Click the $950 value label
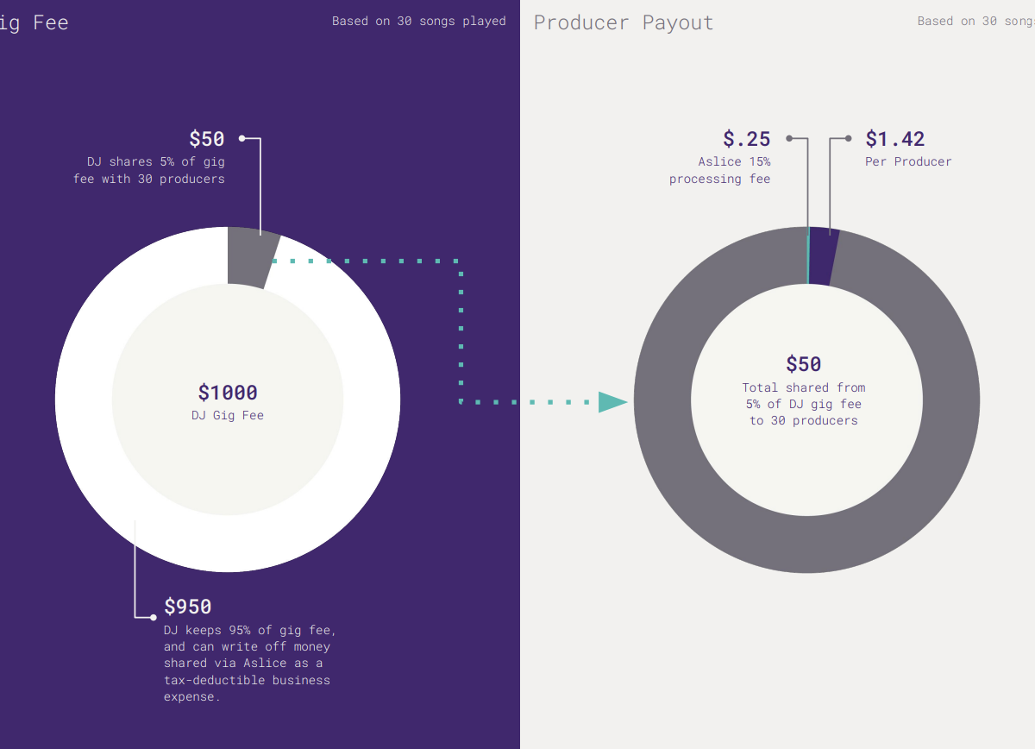pyautogui.click(x=187, y=607)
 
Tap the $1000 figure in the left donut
pyautogui.click(x=228, y=393)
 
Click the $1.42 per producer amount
pyautogui.click(x=894, y=139)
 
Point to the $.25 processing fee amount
pyautogui.click(x=746, y=139)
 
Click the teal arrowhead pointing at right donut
pyautogui.click(x=612, y=402)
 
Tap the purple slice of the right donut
pyautogui.click(x=823, y=256)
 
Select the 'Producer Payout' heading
pyautogui.click(x=624, y=22)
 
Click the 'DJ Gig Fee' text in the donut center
pyautogui.click(x=228, y=416)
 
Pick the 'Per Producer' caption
pyautogui.click(x=908, y=162)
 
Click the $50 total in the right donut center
pyautogui.click(x=803, y=364)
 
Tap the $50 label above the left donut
pyautogui.click(x=206, y=139)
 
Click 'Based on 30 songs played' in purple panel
pyautogui.click(x=419, y=22)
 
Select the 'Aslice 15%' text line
pyautogui.click(x=734, y=162)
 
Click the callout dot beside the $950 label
pyautogui.click(x=154, y=617)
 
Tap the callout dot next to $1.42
pyautogui.click(x=848, y=138)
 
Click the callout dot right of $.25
pyautogui.click(x=789, y=138)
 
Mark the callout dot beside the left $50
pyautogui.click(x=242, y=138)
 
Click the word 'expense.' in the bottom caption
pyautogui.click(x=191, y=697)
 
